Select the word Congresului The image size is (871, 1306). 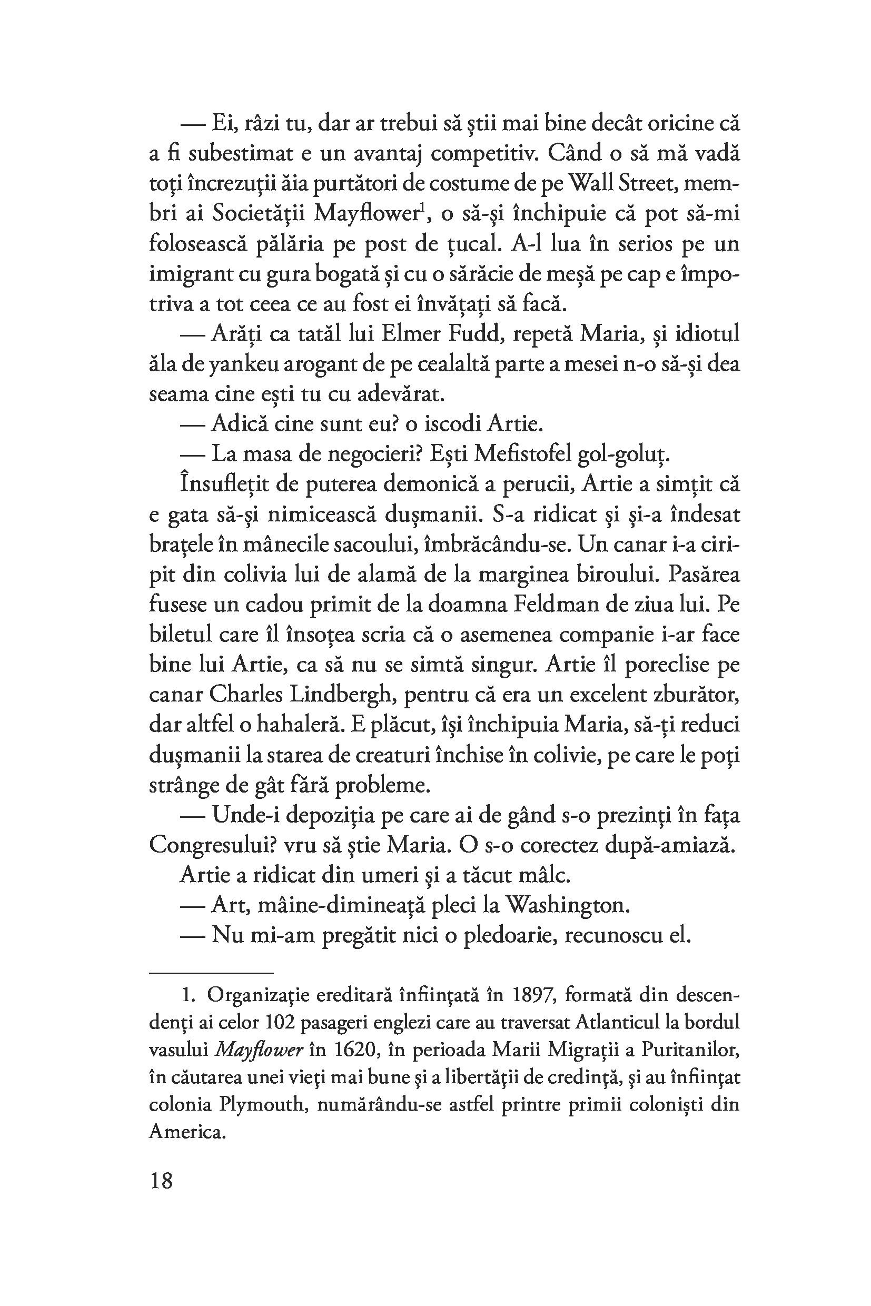212,846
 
